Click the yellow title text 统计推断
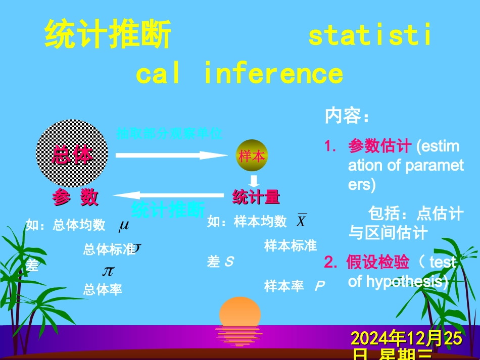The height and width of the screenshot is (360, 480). click(x=108, y=35)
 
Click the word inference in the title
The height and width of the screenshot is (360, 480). click(x=273, y=73)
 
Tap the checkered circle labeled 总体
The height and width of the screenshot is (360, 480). click(x=72, y=153)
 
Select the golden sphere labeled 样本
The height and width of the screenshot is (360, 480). click(x=252, y=156)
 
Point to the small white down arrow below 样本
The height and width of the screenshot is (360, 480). click(x=255, y=181)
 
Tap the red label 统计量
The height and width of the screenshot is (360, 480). click(x=256, y=197)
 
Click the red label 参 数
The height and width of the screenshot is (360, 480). click(x=75, y=197)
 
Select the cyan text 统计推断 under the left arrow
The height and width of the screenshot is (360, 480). click(x=168, y=210)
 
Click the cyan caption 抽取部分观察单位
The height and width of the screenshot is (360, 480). click(x=169, y=134)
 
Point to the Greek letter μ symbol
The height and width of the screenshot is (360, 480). click(x=124, y=225)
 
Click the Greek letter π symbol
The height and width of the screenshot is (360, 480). click(x=108, y=271)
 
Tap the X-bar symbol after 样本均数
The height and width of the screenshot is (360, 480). click(x=301, y=221)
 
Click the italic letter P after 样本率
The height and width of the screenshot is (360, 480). click(x=319, y=287)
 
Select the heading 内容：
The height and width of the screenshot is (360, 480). click(x=347, y=116)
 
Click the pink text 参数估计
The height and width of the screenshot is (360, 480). click(x=379, y=146)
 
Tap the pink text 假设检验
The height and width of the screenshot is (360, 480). click(x=377, y=262)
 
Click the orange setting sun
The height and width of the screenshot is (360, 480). click(x=239, y=313)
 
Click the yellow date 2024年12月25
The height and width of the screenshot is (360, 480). click(x=406, y=338)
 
